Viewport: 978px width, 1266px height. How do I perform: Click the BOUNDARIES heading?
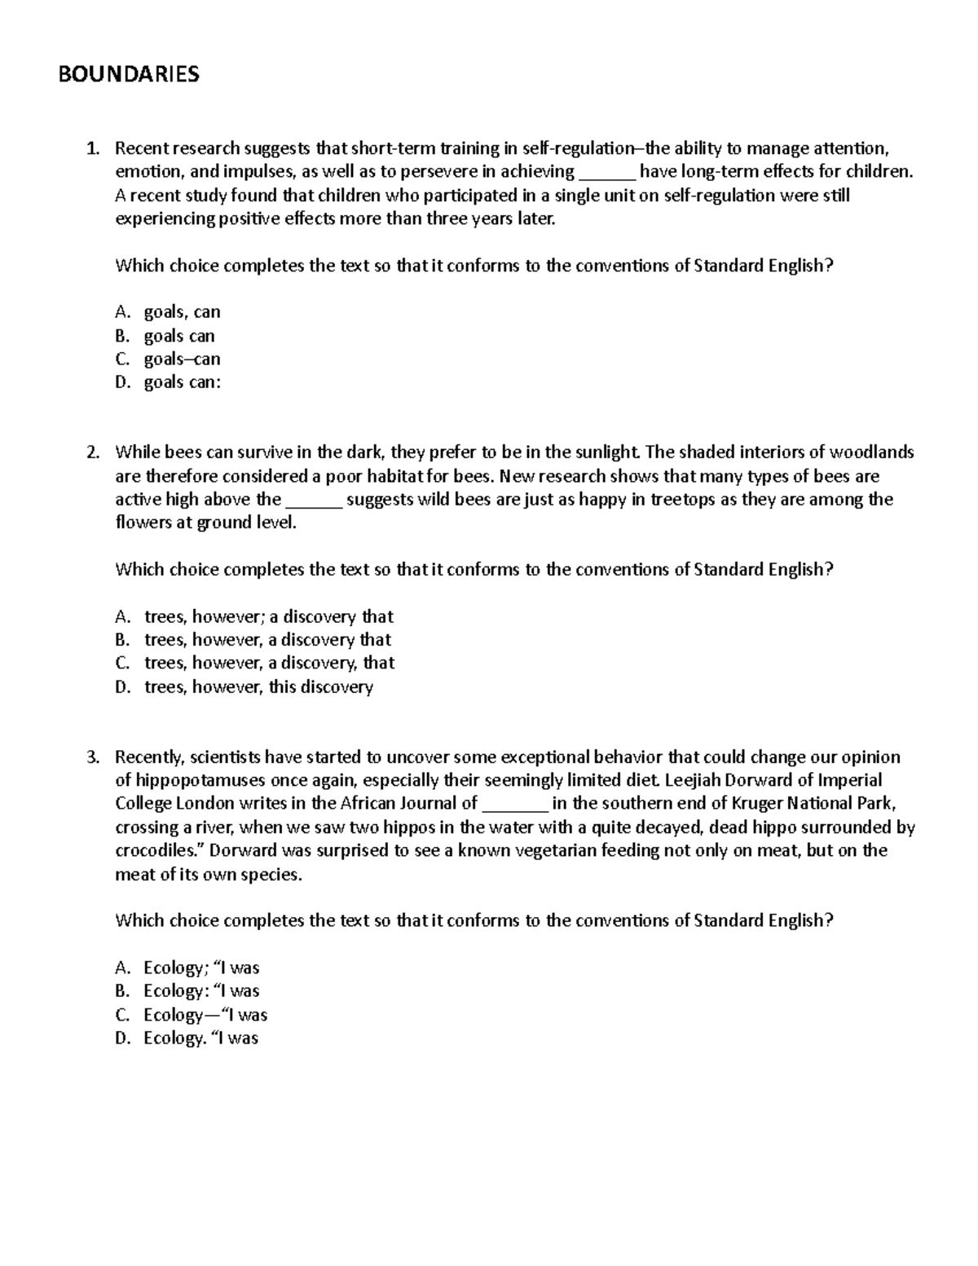tap(128, 75)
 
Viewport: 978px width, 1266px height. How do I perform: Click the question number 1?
tap(94, 148)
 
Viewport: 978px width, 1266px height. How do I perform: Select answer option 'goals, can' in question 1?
tap(182, 312)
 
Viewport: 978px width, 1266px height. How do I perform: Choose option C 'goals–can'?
tap(182, 360)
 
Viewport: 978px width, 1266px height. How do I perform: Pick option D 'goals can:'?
tap(182, 383)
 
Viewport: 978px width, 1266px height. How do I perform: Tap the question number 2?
tap(94, 452)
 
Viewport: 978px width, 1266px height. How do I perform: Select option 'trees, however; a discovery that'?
tap(268, 617)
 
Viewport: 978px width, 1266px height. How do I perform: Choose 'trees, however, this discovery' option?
tap(258, 687)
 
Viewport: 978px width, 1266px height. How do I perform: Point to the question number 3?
tap(94, 757)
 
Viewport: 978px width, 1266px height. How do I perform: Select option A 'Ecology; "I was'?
tap(201, 968)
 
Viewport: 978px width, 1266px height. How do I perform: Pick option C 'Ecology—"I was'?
tap(205, 1016)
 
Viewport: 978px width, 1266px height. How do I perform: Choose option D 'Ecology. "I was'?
tap(200, 1039)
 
